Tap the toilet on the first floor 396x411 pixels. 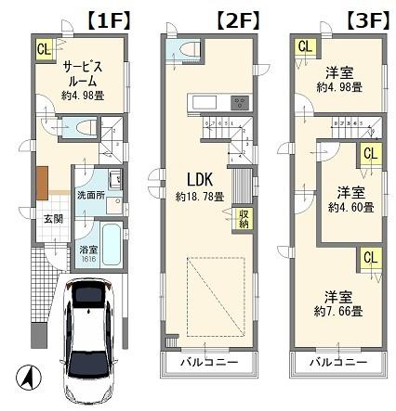click(x=82, y=127)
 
